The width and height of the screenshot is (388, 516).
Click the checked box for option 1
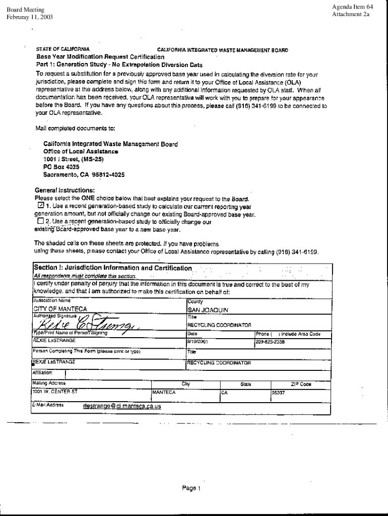[41, 206]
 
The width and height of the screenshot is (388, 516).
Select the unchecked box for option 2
[41, 221]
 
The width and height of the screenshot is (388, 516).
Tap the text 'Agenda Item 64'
[352, 7]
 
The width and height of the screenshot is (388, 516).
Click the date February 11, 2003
[29, 18]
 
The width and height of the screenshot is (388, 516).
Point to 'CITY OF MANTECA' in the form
[60, 309]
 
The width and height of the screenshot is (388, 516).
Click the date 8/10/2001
[197, 341]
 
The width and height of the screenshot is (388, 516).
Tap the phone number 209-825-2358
[271, 341]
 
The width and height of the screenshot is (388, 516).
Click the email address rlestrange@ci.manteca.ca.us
[121, 406]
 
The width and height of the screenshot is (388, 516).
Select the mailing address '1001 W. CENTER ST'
[55, 391]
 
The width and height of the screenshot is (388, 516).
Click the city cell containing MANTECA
[164, 392]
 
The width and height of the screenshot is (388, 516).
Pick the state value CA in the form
[225, 392]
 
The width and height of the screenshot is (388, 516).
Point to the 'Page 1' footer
[192, 488]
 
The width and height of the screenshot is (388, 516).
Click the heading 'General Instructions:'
[64, 190]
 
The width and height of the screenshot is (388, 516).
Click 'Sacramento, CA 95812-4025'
[84, 175]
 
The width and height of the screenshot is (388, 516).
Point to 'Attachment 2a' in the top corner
[351, 15]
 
